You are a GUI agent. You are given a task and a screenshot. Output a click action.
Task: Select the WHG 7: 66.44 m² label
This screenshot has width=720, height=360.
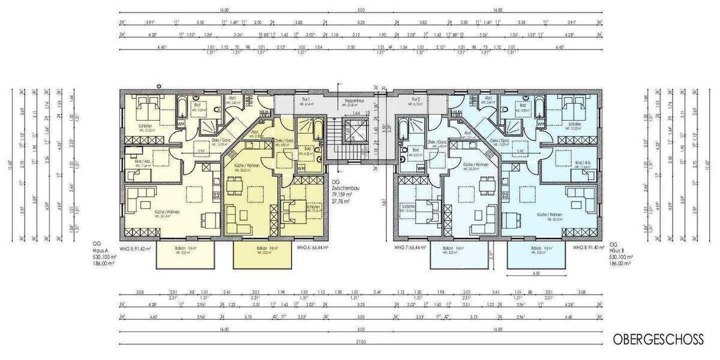[410, 247]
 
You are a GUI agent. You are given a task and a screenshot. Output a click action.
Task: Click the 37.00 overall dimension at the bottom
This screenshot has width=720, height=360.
[360, 342]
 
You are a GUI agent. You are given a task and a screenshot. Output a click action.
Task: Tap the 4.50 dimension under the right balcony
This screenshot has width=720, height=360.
[536, 274]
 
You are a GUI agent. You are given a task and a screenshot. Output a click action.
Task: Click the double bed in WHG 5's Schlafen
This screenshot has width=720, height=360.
[148, 110]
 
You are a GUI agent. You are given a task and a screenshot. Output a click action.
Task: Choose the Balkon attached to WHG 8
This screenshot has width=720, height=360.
[536, 256]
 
